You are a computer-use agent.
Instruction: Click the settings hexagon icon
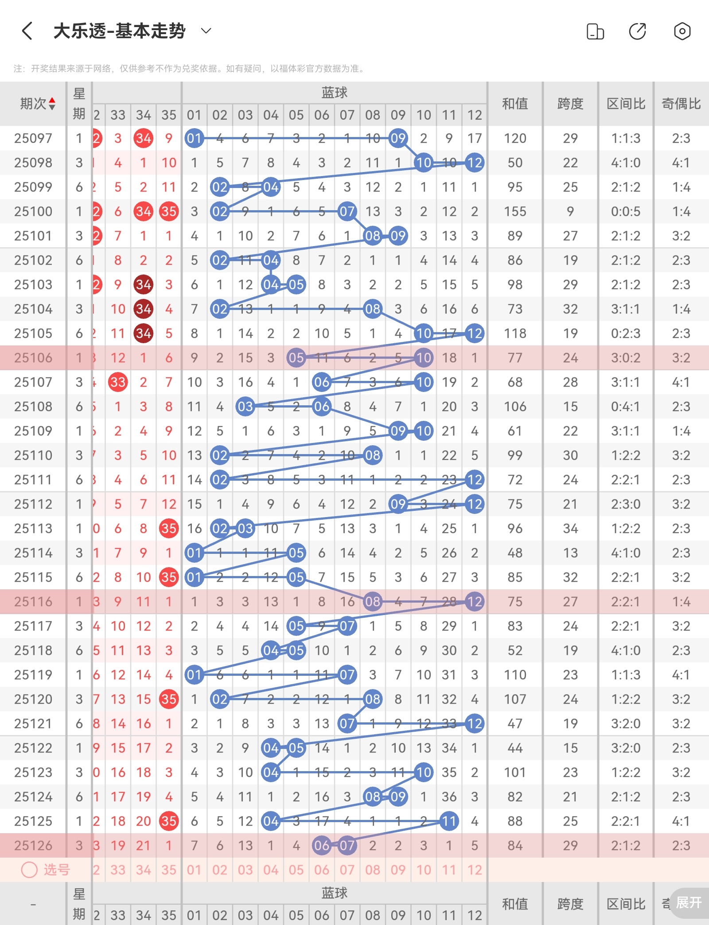click(682, 31)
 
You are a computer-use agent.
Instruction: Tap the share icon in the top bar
click(637, 31)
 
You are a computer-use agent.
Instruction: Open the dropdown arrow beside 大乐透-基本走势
click(206, 31)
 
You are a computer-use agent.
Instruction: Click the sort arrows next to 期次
click(52, 104)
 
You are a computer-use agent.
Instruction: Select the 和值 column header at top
click(515, 104)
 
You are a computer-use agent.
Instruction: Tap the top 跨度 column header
click(570, 104)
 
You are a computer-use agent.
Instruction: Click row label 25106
click(33, 358)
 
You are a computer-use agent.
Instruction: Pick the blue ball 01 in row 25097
click(194, 138)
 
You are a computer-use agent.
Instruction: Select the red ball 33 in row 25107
click(118, 382)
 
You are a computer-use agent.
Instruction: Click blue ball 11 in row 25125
click(449, 821)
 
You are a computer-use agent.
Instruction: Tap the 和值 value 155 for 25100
click(515, 212)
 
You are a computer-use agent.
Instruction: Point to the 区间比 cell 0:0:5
click(626, 212)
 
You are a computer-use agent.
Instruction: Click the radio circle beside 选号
click(29, 870)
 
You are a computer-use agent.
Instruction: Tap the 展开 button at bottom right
click(689, 902)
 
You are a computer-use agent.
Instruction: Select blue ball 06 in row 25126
click(322, 846)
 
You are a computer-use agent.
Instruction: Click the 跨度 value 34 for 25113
click(570, 529)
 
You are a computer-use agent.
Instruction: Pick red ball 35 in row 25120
click(169, 699)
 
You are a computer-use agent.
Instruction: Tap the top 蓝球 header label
click(334, 93)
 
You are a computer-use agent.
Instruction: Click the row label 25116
click(33, 602)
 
